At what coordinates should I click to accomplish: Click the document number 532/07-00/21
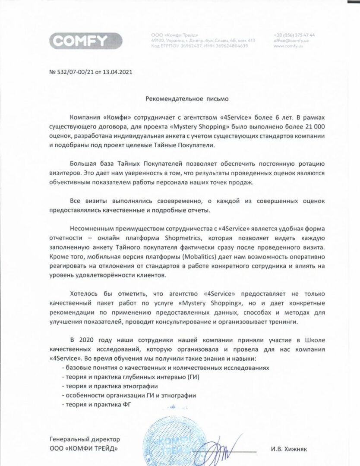(x=73, y=72)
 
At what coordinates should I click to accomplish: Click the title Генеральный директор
(x=85, y=439)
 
